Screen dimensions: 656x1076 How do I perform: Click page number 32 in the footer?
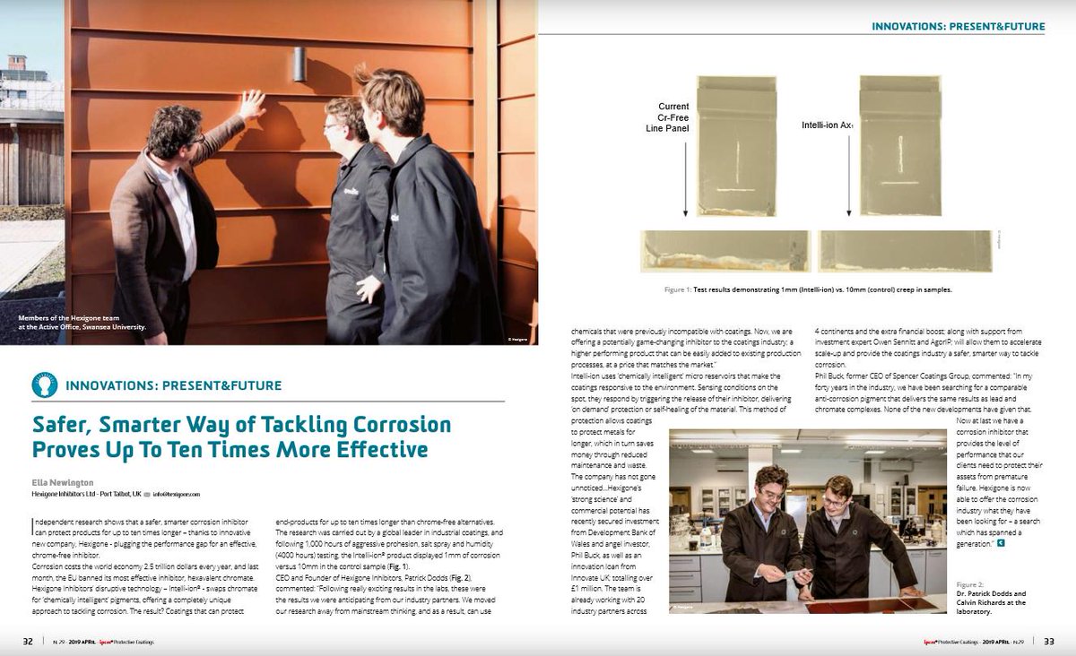(x=28, y=641)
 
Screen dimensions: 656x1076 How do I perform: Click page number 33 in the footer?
(x=1048, y=641)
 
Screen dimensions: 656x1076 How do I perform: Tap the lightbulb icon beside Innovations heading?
(x=44, y=385)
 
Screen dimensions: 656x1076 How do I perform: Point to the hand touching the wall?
(x=252, y=105)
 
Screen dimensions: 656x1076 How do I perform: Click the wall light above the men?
(x=299, y=64)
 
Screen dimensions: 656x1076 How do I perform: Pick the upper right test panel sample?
(x=899, y=145)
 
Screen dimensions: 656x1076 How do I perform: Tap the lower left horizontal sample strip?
(x=725, y=251)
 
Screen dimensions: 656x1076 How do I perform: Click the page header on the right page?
(x=957, y=27)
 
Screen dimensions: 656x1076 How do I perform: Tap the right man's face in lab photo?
(x=837, y=494)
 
